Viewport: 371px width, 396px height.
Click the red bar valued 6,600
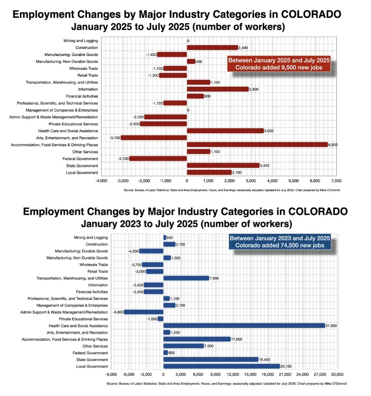coord(257,145)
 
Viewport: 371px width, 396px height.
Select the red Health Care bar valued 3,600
coord(225,131)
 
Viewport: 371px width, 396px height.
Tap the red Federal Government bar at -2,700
coord(158,158)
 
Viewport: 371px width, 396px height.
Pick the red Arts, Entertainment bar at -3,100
coord(154,138)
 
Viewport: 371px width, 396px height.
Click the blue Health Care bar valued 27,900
coord(244,326)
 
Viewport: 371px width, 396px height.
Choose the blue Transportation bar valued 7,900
coord(186,278)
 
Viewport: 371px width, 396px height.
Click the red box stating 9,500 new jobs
coord(278,64)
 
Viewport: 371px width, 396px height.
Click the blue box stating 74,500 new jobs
coord(280,243)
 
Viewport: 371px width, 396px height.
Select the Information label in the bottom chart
coord(96,285)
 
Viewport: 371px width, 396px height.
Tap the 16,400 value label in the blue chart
coord(265,359)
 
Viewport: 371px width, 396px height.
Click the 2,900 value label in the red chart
coord(255,89)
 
